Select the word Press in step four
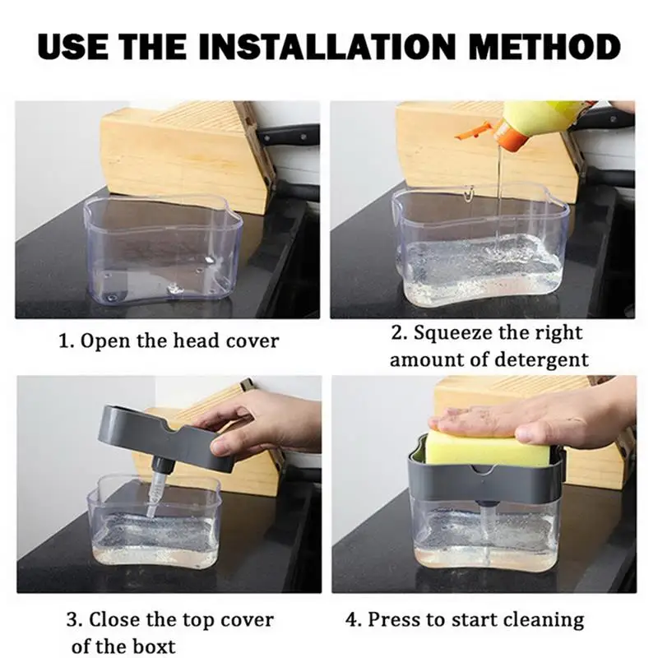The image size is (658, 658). coord(392,619)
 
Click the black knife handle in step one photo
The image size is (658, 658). coord(290,134)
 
